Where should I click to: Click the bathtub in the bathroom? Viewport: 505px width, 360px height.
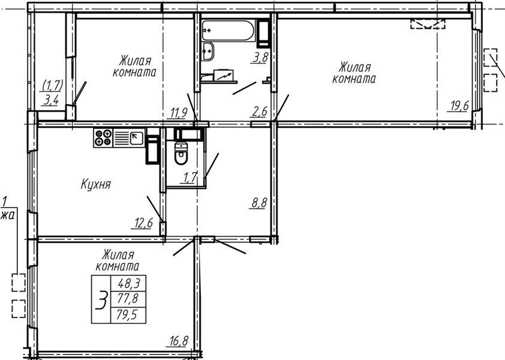click(229, 30)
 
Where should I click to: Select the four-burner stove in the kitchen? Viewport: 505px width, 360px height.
click(103, 137)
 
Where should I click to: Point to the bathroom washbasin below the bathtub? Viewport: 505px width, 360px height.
click(208, 51)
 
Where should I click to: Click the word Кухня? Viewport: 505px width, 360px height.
click(95, 184)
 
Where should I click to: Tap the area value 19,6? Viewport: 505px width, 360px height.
click(458, 106)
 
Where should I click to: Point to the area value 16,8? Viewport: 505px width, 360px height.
click(177, 341)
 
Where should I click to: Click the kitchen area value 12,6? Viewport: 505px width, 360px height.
click(142, 223)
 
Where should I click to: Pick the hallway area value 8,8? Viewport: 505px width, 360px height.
click(258, 203)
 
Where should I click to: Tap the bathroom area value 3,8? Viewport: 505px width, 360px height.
click(260, 58)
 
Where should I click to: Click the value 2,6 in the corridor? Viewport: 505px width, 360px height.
click(259, 112)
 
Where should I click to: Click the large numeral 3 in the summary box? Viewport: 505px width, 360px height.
click(101, 299)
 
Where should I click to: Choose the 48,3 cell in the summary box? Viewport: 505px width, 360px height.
click(128, 283)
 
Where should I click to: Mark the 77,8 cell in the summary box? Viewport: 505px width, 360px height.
click(128, 299)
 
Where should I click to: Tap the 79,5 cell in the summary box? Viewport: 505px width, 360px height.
click(128, 315)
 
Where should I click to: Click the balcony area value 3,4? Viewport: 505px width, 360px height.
click(51, 101)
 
